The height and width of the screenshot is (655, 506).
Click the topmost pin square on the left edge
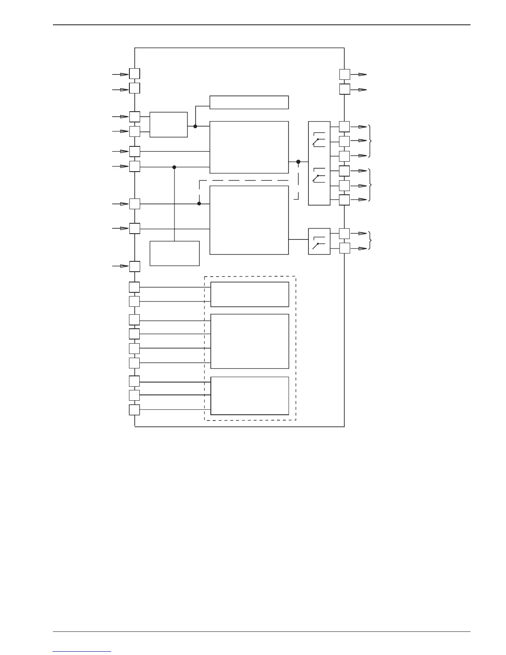[134, 74]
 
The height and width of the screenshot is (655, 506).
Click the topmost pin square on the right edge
[345, 74]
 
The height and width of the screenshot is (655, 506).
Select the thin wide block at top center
[249, 102]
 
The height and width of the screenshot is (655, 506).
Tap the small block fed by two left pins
[168, 124]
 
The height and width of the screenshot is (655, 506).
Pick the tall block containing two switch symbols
[319, 163]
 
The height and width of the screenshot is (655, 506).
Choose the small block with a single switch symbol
[319, 241]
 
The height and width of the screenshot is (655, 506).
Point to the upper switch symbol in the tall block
[318, 140]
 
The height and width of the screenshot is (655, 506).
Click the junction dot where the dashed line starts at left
[199, 203]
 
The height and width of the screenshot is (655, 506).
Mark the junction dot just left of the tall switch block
[298, 162]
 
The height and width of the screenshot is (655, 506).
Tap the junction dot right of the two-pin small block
[195, 126]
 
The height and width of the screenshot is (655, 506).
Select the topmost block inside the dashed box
[249, 294]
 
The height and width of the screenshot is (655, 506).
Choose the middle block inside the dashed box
[249, 341]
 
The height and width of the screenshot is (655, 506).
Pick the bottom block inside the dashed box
[249, 395]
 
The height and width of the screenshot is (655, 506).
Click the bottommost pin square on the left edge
[134, 410]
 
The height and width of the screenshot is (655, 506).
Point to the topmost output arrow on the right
[363, 74]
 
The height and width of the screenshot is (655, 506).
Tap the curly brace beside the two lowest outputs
[370, 241]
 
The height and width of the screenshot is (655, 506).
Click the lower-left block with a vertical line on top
[174, 253]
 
